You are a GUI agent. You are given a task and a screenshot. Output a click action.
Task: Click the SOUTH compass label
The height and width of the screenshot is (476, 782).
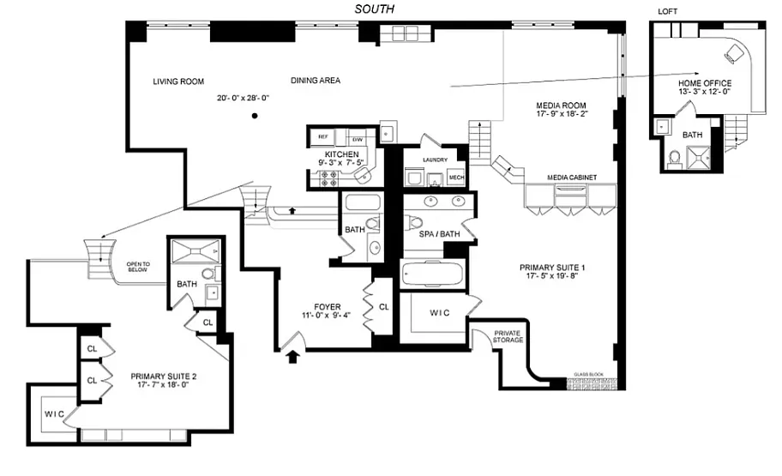[374, 9]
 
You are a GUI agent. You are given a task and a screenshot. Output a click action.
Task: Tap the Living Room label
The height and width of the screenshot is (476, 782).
[178, 81]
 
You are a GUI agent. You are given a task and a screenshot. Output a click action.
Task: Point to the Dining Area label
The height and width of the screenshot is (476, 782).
[316, 81]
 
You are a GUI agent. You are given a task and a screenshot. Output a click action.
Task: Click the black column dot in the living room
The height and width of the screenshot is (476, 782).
[255, 116]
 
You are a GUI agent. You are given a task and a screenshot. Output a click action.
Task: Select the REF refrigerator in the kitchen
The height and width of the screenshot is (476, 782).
[323, 136]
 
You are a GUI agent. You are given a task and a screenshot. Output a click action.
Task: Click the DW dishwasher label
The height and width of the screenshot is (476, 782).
[357, 140]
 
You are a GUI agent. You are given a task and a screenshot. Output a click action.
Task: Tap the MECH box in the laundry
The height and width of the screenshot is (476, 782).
[456, 178]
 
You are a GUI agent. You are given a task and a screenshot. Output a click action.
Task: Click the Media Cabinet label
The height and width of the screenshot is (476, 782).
[572, 178]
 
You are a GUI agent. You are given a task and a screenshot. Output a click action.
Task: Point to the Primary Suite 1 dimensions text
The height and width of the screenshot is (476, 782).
[552, 275]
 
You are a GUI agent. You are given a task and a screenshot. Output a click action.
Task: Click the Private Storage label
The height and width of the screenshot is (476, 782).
[508, 337]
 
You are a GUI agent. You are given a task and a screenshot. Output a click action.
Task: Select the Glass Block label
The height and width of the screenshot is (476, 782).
[588, 374]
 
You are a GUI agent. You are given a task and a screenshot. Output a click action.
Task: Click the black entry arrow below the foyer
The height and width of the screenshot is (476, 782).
[292, 356]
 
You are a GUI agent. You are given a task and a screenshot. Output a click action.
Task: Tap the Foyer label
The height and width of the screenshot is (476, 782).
[328, 307]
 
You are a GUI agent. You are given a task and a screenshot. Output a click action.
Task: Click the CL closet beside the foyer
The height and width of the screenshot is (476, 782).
[383, 307]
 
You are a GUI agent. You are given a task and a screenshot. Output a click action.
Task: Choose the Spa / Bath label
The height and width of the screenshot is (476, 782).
[439, 234]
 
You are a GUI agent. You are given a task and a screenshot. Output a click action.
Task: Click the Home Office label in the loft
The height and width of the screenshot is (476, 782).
[705, 83]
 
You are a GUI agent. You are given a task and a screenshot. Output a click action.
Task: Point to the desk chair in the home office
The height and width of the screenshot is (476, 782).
[733, 53]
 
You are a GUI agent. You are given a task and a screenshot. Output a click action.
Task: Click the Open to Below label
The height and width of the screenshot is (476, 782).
[138, 267]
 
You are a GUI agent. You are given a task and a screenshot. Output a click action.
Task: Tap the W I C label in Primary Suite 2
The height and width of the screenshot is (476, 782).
[54, 414]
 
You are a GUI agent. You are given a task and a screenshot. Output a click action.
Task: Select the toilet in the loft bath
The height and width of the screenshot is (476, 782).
[674, 159]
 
